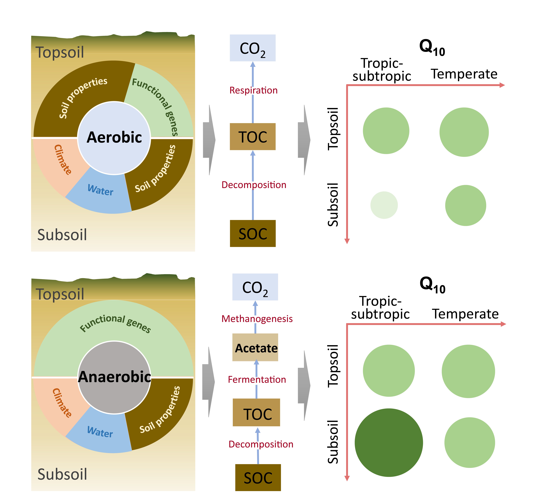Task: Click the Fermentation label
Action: point(257,379)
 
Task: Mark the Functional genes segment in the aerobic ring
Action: point(160,103)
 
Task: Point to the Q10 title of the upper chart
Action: point(432,48)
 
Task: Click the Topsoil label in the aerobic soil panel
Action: point(60,52)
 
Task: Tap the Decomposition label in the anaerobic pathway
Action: point(261,444)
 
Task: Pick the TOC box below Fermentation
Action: point(256,412)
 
